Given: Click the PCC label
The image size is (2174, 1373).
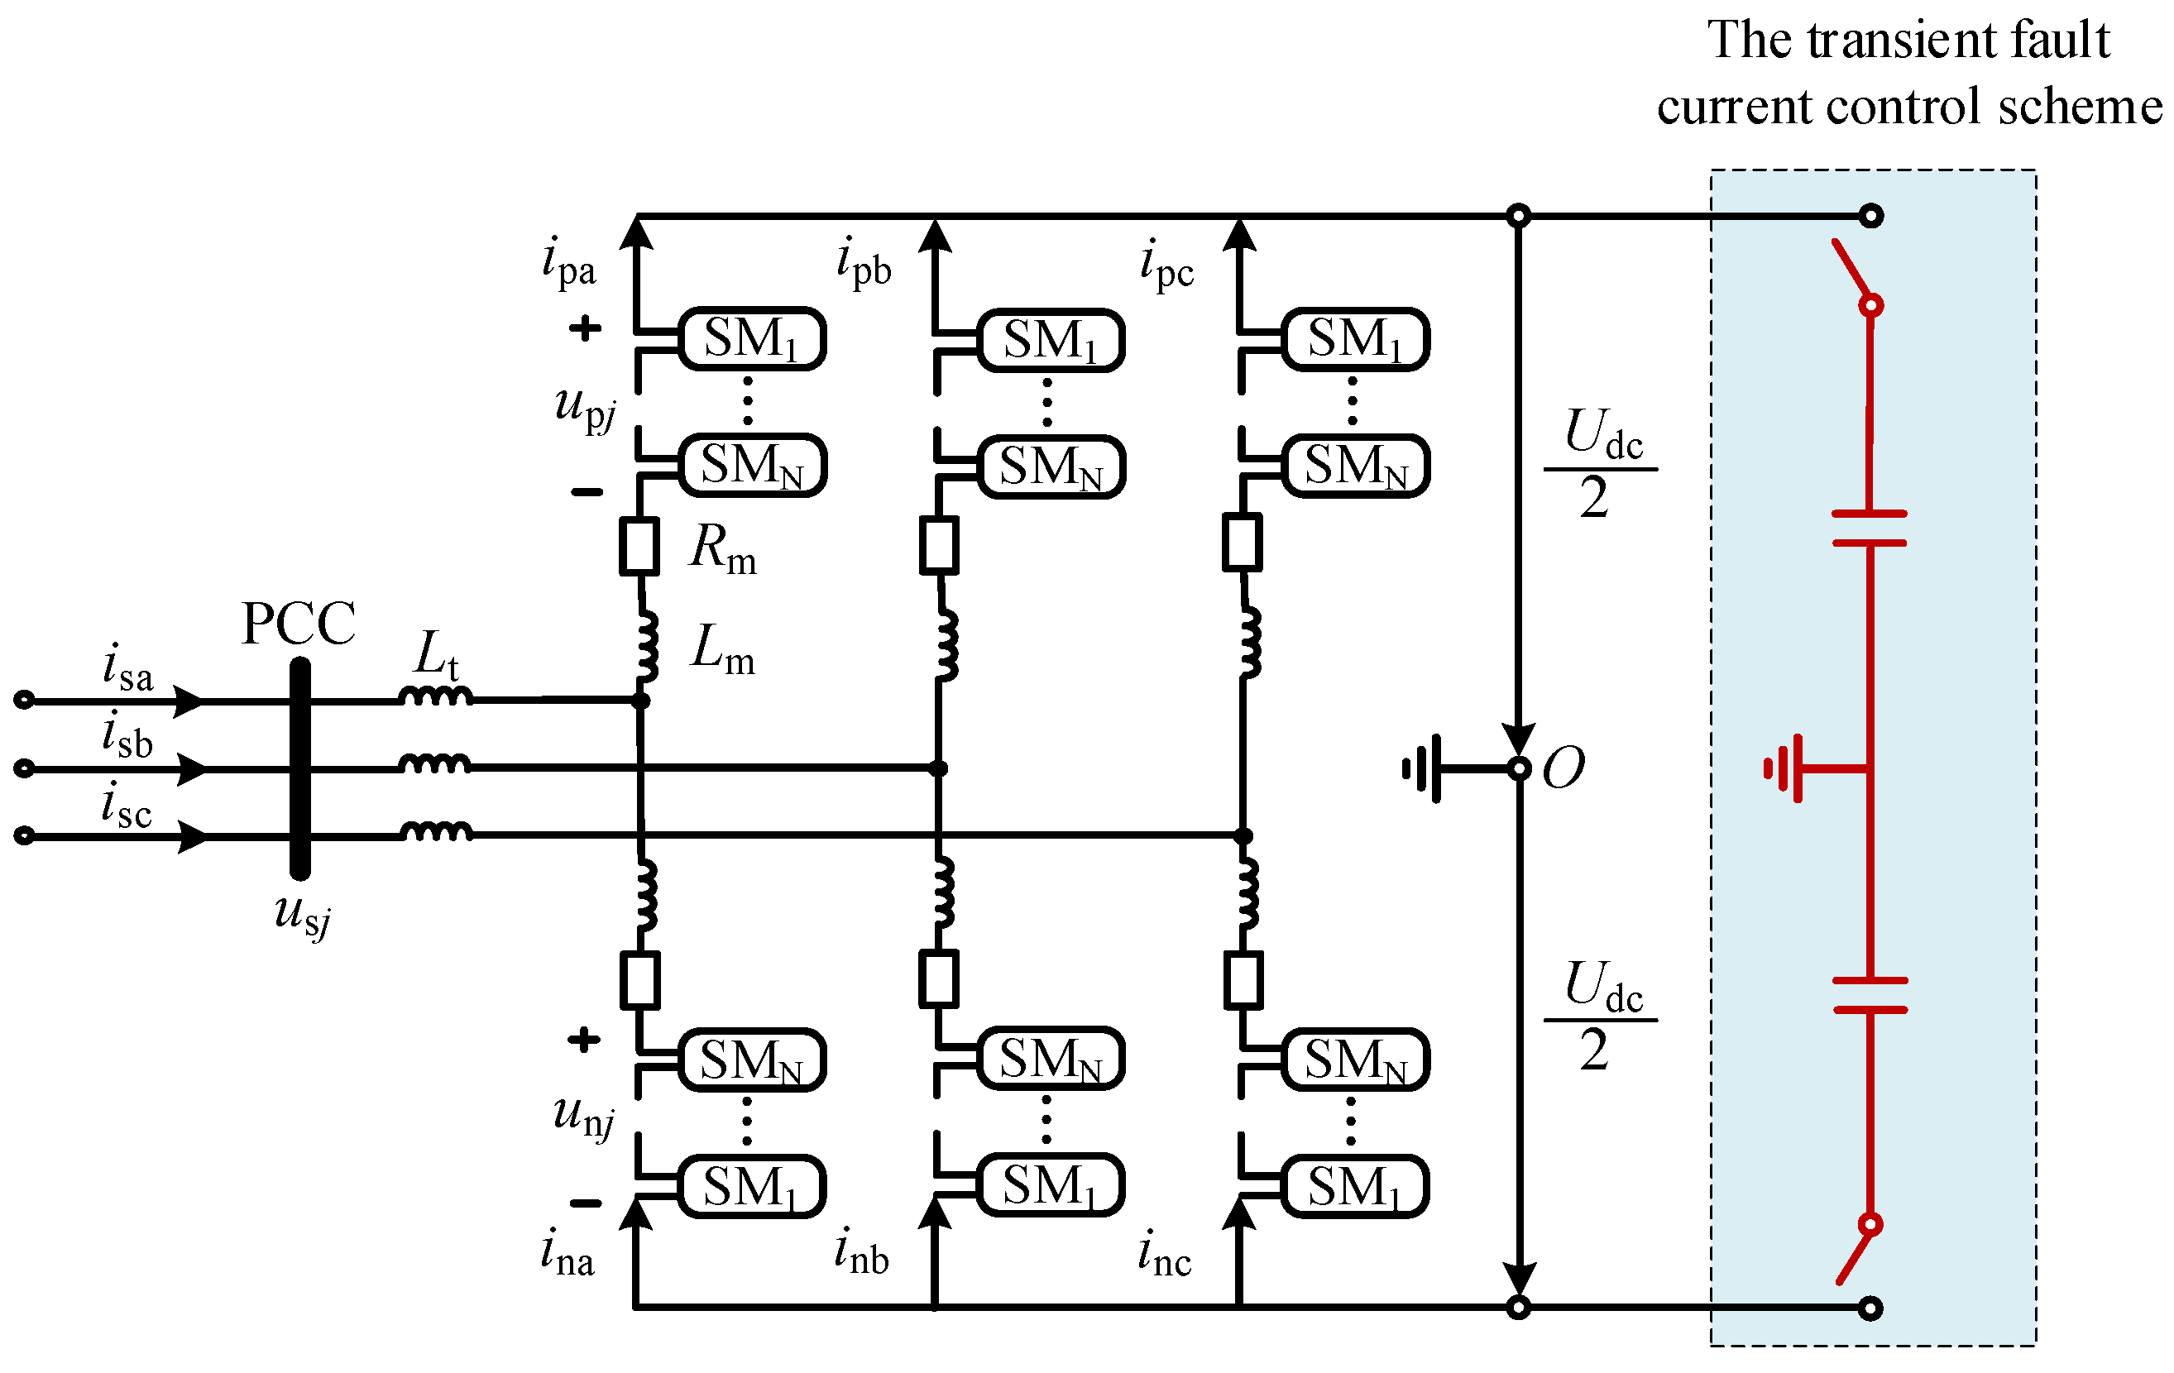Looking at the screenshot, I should [x=299, y=624].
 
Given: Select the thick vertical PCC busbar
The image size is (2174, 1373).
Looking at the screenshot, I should [x=299, y=768].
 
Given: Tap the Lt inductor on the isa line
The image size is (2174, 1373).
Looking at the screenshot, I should [x=436, y=697].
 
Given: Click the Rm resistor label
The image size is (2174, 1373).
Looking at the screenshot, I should [x=722, y=549].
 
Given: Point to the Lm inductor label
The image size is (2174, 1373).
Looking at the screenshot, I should [x=722, y=650].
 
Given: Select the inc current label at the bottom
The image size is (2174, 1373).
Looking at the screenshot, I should [x=1165, y=1254].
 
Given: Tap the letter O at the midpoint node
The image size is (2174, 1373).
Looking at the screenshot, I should [x=1563, y=768].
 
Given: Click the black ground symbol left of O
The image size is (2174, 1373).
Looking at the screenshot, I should [x=1423, y=768].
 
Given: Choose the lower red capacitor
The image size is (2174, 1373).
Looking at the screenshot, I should [x=1870, y=995].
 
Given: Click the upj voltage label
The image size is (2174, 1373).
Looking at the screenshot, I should [x=585, y=408].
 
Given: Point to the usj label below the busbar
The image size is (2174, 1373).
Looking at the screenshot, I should [x=304, y=916].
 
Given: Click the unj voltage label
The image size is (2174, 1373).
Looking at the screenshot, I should [x=583, y=1117].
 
